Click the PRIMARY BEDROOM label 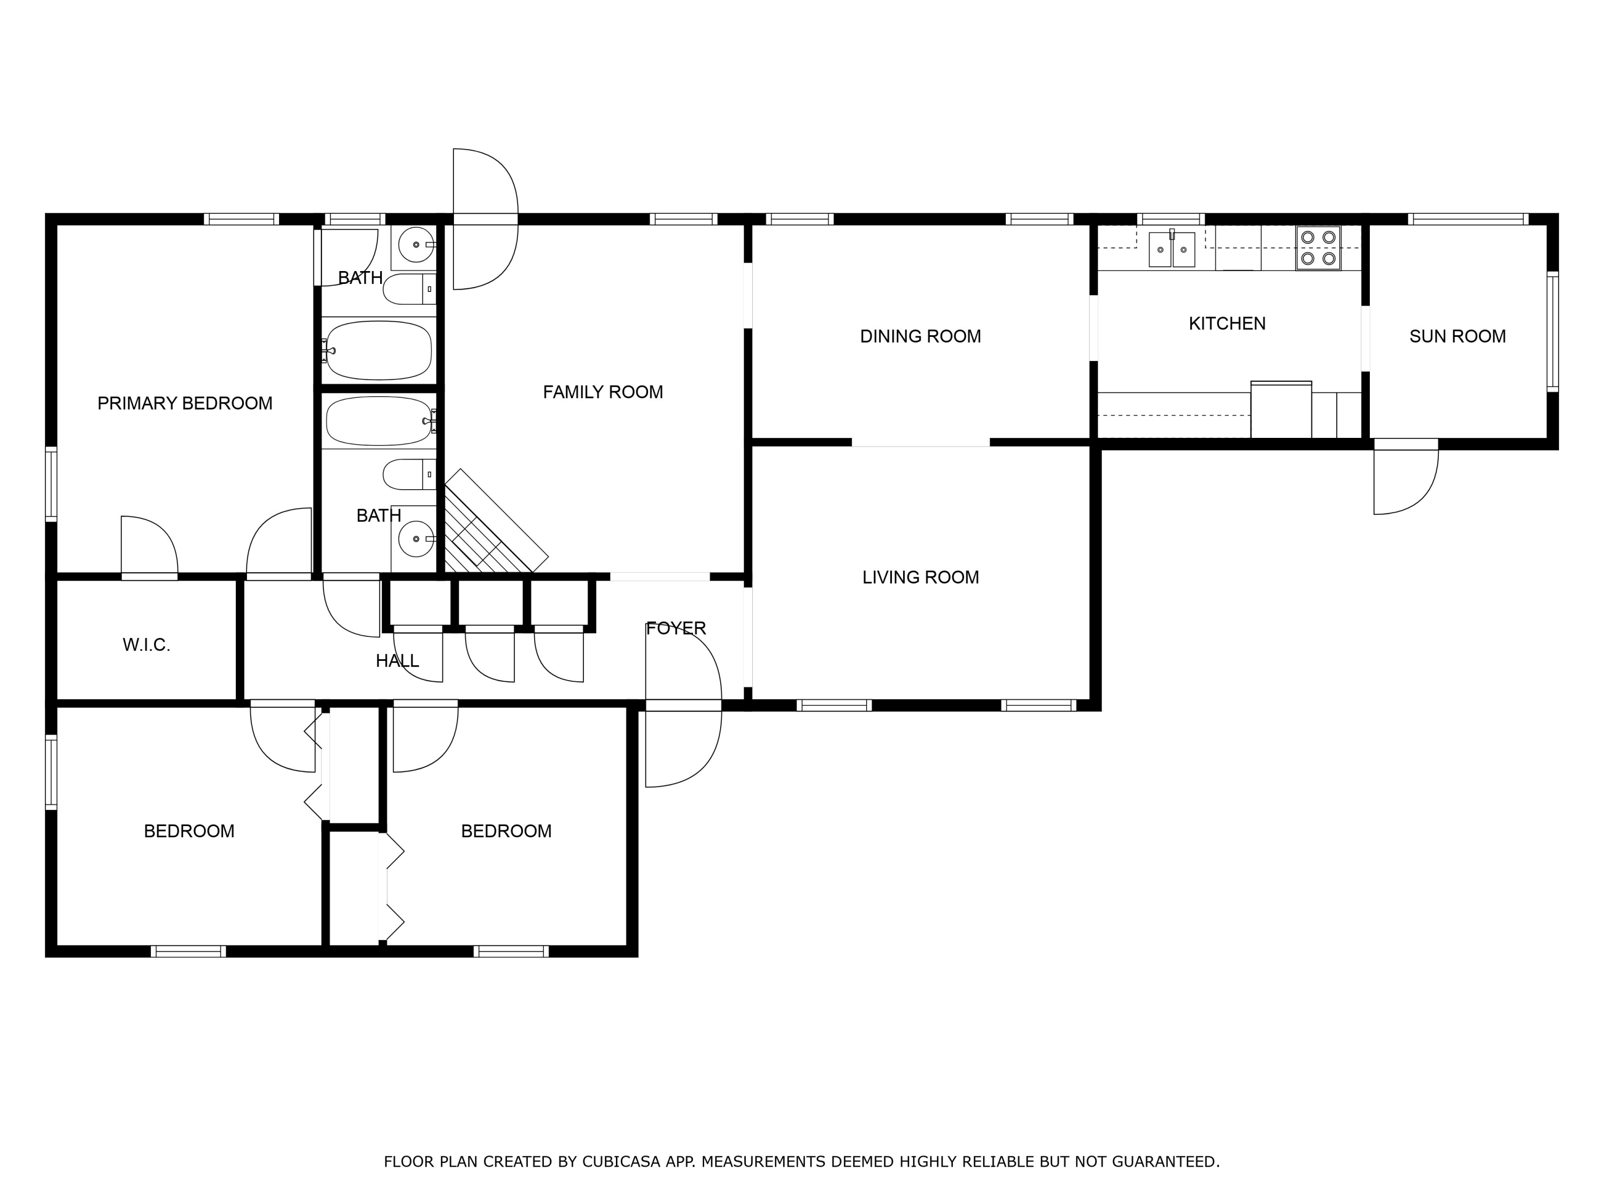pos(185,403)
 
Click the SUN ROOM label pos(1457,336)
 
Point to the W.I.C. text pos(146,645)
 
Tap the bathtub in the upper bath pos(378,350)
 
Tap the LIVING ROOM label pos(920,577)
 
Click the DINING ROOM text pos(920,336)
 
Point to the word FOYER pos(675,628)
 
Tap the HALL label pos(397,661)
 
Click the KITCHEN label pos(1227,323)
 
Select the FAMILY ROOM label pos(603,392)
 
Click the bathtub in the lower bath pos(378,421)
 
